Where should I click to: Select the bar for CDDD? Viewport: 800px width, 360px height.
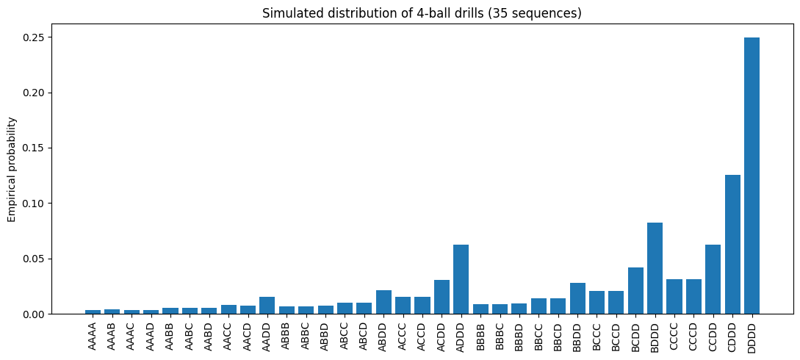point(732,244)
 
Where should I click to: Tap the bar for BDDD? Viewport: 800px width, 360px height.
point(655,268)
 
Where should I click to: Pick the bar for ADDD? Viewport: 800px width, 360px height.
point(461,279)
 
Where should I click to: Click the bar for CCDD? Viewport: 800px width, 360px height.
point(713,279)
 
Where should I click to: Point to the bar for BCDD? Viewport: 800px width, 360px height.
point(635,291)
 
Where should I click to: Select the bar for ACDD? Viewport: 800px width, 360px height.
point(442,297)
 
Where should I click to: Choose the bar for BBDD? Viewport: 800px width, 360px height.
point(577,298)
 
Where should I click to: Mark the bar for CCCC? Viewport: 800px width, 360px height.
point(674,297)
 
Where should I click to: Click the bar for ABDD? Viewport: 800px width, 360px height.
point(383,302)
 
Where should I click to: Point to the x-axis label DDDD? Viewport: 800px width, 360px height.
point(752,336)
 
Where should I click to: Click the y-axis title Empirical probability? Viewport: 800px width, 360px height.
point(11,169)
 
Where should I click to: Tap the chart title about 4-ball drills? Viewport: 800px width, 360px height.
point(422,13)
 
